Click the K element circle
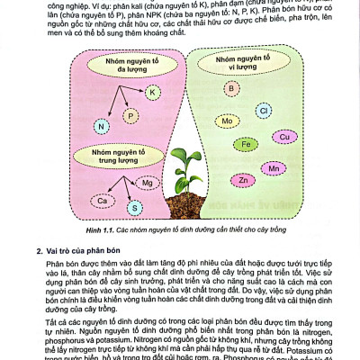(x=152, y=93)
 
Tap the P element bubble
(x=132, y=115)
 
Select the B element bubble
(x=231, y=88)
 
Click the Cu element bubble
(x=284, y=137)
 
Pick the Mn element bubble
(x=274, y=168)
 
